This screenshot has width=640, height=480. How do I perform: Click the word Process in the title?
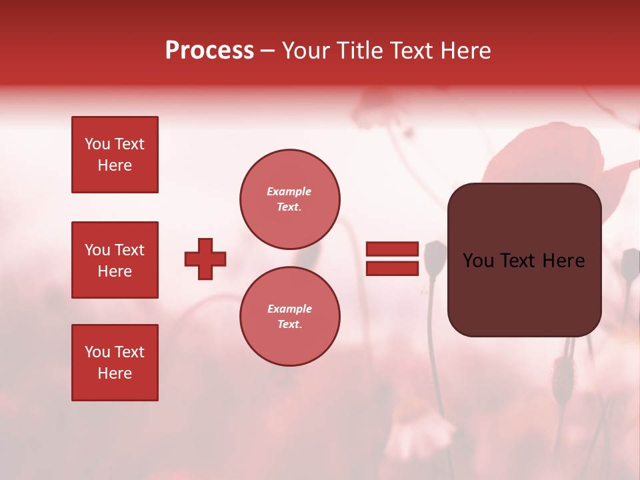click(x=209, y=51)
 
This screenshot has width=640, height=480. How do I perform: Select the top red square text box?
click(x=115, y=155)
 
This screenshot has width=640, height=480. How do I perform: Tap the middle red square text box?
click(x=115, y=260)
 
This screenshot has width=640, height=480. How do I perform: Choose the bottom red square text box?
click(x=115, y=363)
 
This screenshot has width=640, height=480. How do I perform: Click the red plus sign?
click(x=205, y=259)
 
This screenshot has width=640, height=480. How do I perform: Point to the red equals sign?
click(x=392, y=259)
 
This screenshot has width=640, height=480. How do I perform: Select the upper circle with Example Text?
click(x=290, y=199)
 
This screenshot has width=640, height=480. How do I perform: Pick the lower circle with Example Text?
click(x=290, y=317)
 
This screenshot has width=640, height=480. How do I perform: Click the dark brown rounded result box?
click(x=524, y=260)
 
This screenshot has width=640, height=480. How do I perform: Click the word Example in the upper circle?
click(x=289, y=191)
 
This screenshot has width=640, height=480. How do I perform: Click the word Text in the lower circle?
click(x=289, y=325)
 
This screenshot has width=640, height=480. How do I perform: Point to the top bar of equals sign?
click(x=392, y=249)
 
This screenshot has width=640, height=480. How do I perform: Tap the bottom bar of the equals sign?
click(x=392, y=268)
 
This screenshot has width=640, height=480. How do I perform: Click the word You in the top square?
click(x=97, y=144)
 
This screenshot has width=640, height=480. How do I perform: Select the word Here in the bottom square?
click(x=115, y=373)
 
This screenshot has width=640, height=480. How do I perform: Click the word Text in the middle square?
click(x=129, y=250)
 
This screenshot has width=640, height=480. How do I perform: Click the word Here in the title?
click(x=465, y=51)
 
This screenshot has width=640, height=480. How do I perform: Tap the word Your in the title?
click(x=306, y=51)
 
